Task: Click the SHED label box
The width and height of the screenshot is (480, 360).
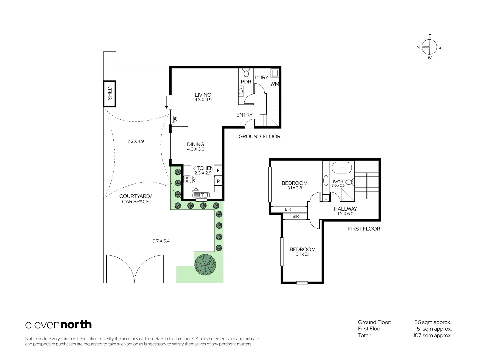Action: coord(110,94)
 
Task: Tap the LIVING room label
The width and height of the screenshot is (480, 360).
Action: coord(203,95)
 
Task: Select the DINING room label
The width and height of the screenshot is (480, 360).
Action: coord(196,144)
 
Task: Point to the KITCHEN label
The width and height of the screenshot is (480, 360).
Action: coord(203,168)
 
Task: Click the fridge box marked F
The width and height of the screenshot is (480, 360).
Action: coord(218,171)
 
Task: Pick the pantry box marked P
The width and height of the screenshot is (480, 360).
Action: coord(218,181)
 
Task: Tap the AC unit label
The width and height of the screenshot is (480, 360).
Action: coord(175,119)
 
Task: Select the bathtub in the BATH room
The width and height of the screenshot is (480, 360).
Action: coord(342,168)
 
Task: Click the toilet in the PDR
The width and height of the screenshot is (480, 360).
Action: coord(246,73)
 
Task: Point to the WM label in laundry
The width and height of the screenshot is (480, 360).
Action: coord(275,84)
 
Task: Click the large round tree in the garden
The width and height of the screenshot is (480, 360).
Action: coord(205,263)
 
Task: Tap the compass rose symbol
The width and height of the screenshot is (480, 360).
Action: coord(429,47)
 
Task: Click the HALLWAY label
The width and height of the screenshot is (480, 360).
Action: coord(345,209)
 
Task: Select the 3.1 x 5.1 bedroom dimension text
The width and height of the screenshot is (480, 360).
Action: coord(303,254)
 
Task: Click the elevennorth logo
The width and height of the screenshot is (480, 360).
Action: coord(58,324)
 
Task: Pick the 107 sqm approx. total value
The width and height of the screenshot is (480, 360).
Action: coord(432,335)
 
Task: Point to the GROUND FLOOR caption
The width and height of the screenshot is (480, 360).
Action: coord(259,136)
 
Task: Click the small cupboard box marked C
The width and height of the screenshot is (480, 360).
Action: coord(326,198)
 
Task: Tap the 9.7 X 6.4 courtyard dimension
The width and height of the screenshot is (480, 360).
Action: coord(161,241)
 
